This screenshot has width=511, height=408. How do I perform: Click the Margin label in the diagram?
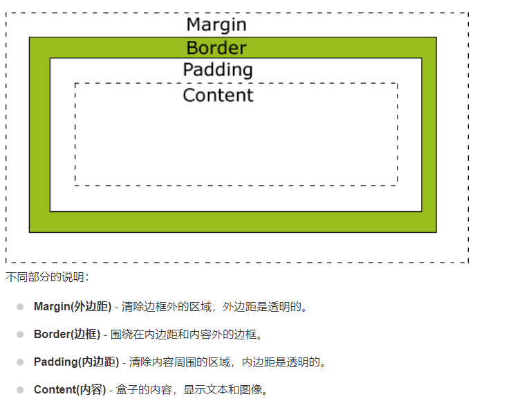(216, 25)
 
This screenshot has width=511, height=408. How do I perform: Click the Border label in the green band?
(216, 48)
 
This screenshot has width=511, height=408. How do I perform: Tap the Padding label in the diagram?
(218, 70)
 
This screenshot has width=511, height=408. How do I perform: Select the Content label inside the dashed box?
(218, 95)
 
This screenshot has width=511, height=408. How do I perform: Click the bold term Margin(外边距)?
(73, 306)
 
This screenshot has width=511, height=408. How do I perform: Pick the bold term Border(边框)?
(67, 334)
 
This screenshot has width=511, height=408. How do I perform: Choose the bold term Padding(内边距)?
(76, 362)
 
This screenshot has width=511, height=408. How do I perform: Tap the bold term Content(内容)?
(70, 389)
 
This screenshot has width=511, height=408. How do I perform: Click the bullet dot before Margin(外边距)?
(21, 306)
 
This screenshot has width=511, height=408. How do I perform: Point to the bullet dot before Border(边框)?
(21, 334)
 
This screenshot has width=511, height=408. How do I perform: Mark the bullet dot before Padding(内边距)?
(21, 362)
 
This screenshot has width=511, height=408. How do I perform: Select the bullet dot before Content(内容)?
(21, 389)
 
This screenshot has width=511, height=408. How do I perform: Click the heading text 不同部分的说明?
(46, 277)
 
